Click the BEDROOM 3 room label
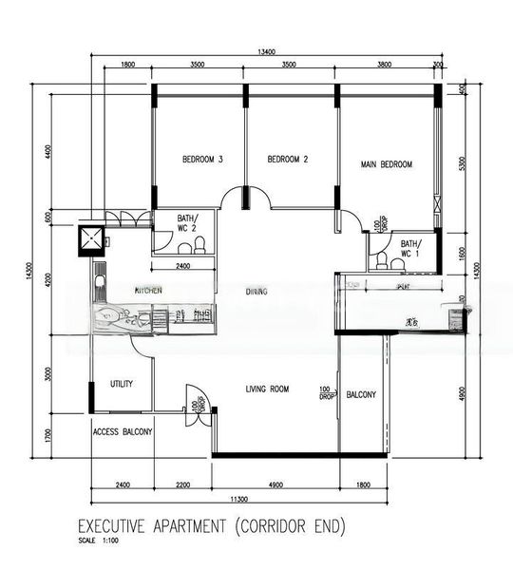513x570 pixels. pyautogui.click(x=201, y=160)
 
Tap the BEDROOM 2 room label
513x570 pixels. pyautogui.click(x=288, y=160)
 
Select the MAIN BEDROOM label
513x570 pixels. pyautogui.click(x=387, y=164)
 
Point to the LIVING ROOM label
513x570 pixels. pyautogui.click(x=267, y=389)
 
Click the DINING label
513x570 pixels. pyautogui.click(x=256, y=292)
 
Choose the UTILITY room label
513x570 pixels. pyautogui.click(x=122, y=384)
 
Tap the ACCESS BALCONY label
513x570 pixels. pyautogui.click(x=123, y=431)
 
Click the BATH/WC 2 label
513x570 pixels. pyautogui.click(x=187, y=224)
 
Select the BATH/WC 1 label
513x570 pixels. pyautogui.click(x=410, y=248)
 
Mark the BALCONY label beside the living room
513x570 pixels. pyautogui.click(x=361, y=394)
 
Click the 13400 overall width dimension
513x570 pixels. pyautogui.click(x=265, y=52)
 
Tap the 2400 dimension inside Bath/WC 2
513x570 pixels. pyautogui.click(x=183, y=266)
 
